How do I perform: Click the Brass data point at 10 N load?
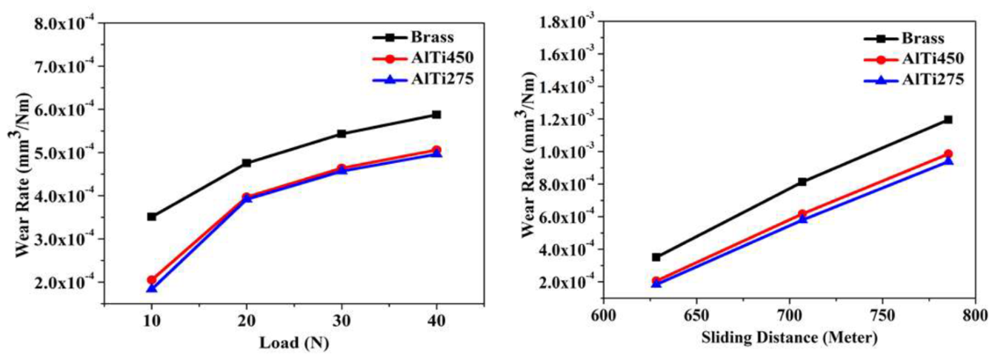151,216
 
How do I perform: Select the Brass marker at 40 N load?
436,115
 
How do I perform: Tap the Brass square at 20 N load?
247,163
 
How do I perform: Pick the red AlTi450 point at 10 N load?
151,280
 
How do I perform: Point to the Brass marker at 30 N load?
342,133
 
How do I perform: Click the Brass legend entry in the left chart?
413,37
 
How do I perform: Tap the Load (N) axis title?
294,343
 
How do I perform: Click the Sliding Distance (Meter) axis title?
789,339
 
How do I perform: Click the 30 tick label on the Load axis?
342,321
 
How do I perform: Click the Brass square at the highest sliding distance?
948,119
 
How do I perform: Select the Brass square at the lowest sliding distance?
656,257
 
